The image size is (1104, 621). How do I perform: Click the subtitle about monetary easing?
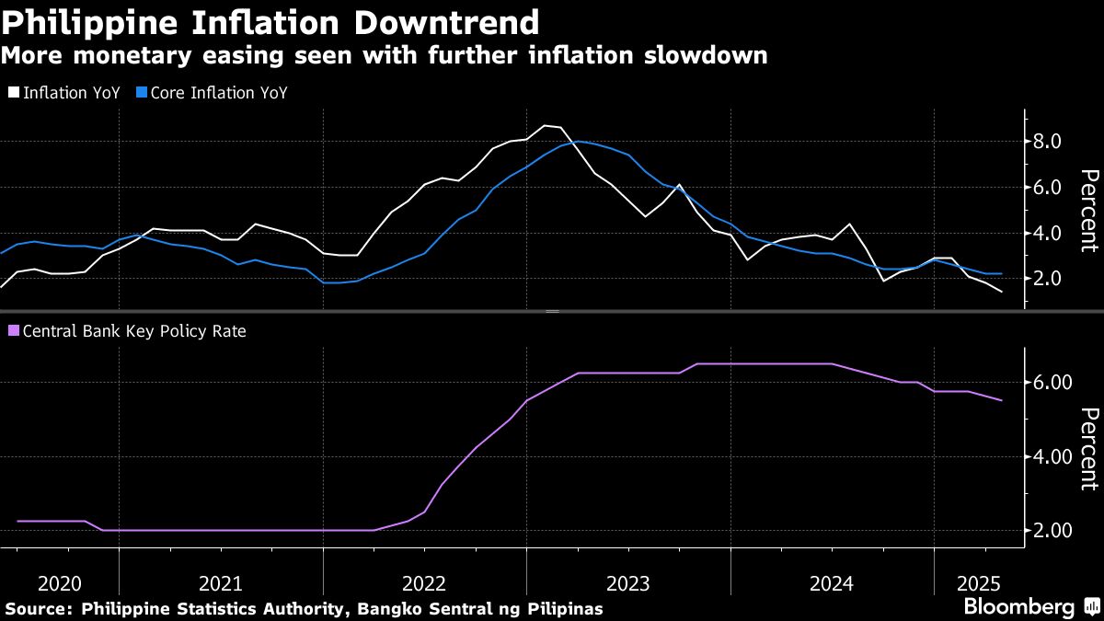[385, 55]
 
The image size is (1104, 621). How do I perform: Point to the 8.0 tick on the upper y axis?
[1049, 142]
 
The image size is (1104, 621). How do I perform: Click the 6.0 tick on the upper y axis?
[1049, 188]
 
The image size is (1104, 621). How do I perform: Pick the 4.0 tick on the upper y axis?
[1049, 233]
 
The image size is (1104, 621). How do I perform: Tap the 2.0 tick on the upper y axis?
[1049, 279]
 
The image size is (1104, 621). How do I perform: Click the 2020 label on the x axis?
[60, 583]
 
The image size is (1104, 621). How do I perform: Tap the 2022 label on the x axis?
[424, 583]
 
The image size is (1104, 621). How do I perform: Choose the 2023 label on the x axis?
[627, 583]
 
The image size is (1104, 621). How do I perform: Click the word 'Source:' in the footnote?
[39, 608]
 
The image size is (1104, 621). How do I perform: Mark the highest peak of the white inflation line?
[545, 125]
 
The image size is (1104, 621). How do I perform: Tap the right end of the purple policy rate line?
[1001, 400]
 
